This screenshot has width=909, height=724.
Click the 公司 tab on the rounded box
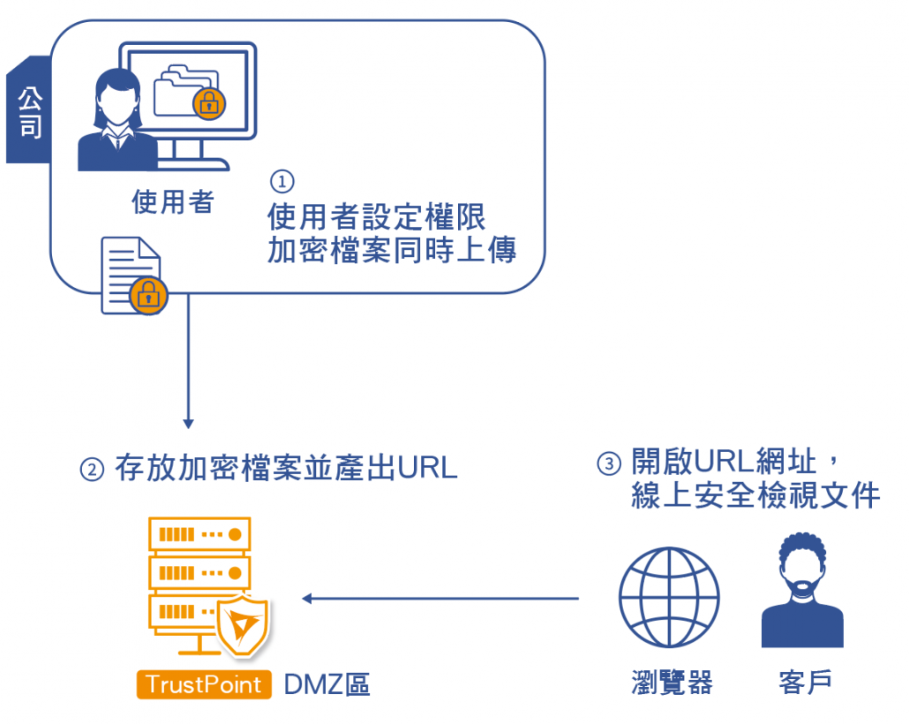29,110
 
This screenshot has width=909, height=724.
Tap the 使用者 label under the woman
172,202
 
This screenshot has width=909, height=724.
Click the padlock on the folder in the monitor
209,103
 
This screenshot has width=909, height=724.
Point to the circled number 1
281,181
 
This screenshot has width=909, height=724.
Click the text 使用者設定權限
376,216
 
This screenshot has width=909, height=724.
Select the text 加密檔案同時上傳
392,250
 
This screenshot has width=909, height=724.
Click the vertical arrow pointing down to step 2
188,362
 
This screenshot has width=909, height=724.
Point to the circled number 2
93,468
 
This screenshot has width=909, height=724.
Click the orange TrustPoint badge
204,684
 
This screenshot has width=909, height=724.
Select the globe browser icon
669,598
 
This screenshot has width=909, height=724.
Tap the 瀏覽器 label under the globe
672,683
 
